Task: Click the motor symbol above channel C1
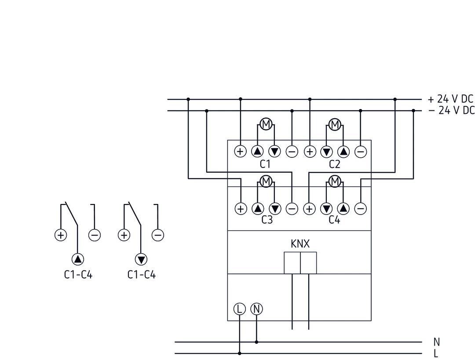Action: tap(266, 124)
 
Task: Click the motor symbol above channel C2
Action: tap(335, 124)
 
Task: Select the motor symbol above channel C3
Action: tap(266, 181)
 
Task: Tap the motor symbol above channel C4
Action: tap(335, 181)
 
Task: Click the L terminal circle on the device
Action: tap(239, 309)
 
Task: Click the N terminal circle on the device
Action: tap(256, 309)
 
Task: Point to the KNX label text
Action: tap(300, 244)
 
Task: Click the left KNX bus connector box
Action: tap(292, 263)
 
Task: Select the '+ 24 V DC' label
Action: tap(450, 99)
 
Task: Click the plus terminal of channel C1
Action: tap(240, 152)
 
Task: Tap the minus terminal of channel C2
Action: tap(360, 152)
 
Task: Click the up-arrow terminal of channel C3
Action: tap(257, 209)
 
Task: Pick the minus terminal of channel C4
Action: tap(360, 209)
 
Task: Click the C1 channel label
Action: tap(265, 164)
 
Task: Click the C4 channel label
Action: tap(334, 220)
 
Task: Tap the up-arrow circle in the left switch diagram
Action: tap(77, 259)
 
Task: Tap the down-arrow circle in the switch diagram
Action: tap(141, 259)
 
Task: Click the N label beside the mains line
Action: tap(436, 342)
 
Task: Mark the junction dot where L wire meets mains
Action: tap(239, 353)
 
